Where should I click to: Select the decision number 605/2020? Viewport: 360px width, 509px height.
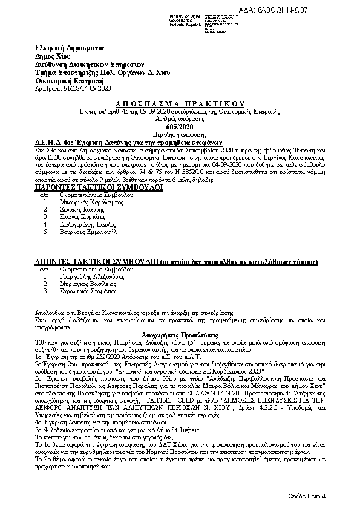179,126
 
